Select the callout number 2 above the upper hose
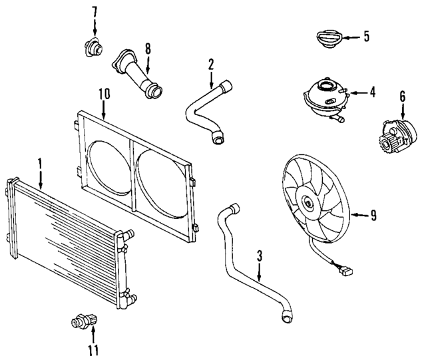tap(210, 65)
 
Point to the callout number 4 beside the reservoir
tap(372, 92)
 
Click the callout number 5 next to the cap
tap(365, 36)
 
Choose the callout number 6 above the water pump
tap(402, 96)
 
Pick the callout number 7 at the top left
tap(94, 11)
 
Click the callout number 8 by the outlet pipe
tap(147, 49)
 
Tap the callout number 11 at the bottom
tap(94, 349)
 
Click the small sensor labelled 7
tap(92, 47)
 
